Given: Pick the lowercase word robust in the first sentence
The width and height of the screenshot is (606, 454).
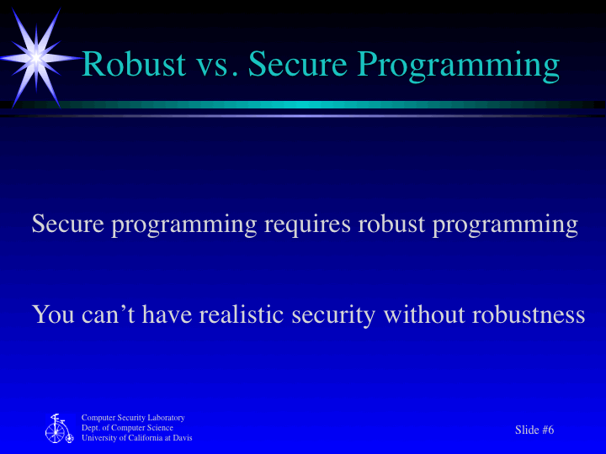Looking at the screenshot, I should point(391,224).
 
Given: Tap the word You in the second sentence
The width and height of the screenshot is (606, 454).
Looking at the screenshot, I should point(53,314).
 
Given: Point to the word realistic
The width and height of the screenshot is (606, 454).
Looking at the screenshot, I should point(243,314).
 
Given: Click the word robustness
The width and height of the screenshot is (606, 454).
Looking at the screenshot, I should point(529,314).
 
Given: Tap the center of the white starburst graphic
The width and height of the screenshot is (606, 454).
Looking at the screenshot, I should point(35,57).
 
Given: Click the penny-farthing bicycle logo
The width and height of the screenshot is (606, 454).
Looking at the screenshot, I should point(58,429).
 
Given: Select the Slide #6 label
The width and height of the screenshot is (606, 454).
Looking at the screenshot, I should point(534,430).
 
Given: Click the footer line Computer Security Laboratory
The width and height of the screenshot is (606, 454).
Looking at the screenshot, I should point(133,418).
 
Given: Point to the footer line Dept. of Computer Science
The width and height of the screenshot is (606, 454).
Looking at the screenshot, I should point(127,428).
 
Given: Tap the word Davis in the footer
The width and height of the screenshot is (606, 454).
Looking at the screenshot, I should point(182,438).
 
